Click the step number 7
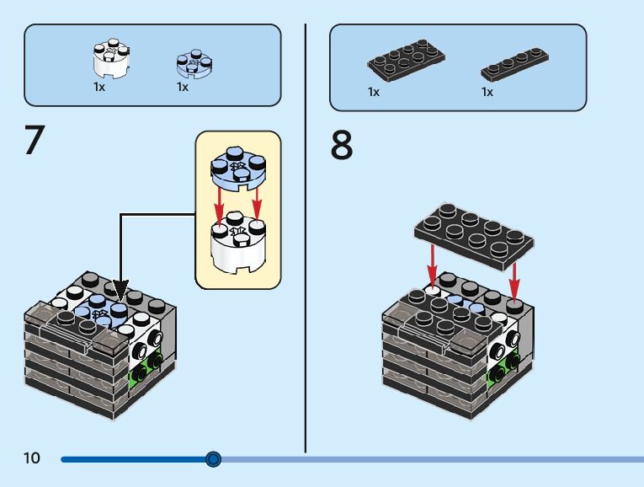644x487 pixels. pyautogui.click(x=35, y=140)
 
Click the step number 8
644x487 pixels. pyautogui.click(x=342, y=145)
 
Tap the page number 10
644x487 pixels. pyautogui.click(x=32, y=458)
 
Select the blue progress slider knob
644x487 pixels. pyautogui.click(x=213, y=459)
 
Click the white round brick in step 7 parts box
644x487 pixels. pyautogui.click(x=111, y=58)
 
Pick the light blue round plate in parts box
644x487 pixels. pyautogui.click(x=194, y=64)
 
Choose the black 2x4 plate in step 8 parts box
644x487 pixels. pyautogui.click(x=407, y=60)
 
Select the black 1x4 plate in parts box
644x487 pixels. pyautogui.click(x=515, y=64)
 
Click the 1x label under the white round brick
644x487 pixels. pyautogui.click(x=99, y=87)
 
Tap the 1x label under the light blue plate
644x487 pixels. pyautogui.click(x=183, y=87)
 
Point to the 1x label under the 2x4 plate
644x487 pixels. pyautogui.click(x=374, y=92)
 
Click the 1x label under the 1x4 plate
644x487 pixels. pyautogui.click(x=487, y=92)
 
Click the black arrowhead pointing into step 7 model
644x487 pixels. pyautogui.click(x=120, y=291)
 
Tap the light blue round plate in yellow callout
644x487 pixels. pyautogui.click(x=237, y=168)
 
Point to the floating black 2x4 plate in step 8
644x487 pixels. pyautogui.click(x=475, y=236)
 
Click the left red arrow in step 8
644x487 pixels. pyautogui.click(x=432, y=266)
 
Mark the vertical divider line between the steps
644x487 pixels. pyautogui.click(x=306, y=238)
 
